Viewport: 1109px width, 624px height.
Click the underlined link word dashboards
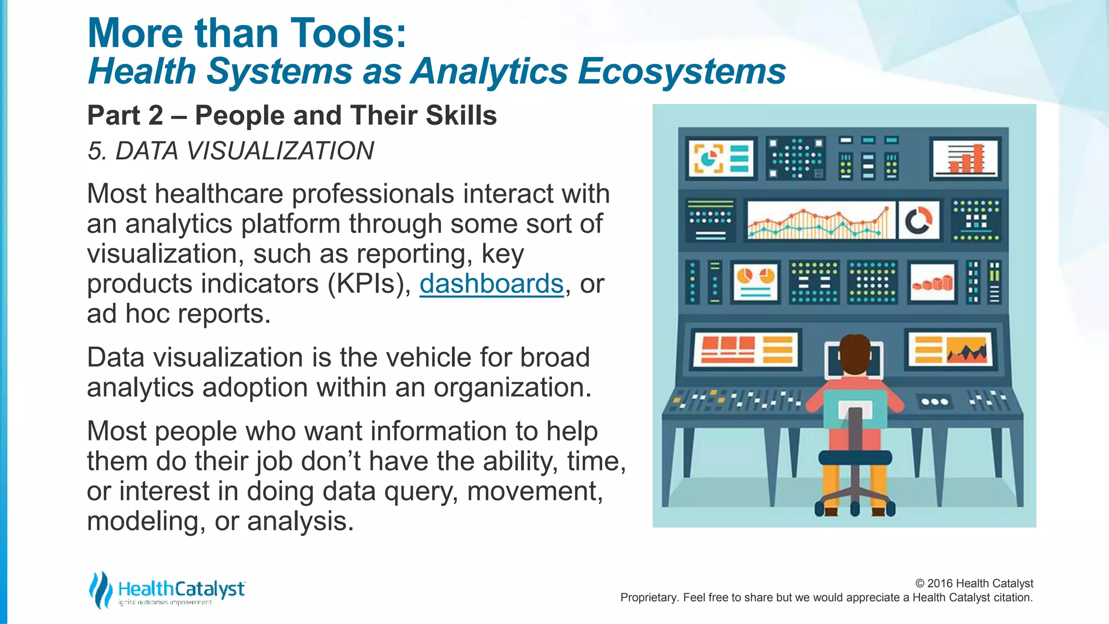point(491,284)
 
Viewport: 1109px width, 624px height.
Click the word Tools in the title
point(342,34)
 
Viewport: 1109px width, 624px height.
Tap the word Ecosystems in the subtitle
point(681,71)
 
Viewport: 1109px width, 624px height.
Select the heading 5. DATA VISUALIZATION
point(231,151)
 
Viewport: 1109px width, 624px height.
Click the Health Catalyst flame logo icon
point(100,589)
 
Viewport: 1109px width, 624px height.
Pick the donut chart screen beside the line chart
point(918,220)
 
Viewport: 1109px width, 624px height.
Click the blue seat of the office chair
point(854,457)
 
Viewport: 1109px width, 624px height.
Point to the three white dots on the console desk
point(935,402)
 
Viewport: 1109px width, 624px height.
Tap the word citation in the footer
point(1012,597)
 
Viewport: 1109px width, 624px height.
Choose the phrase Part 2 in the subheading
point(125,115)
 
